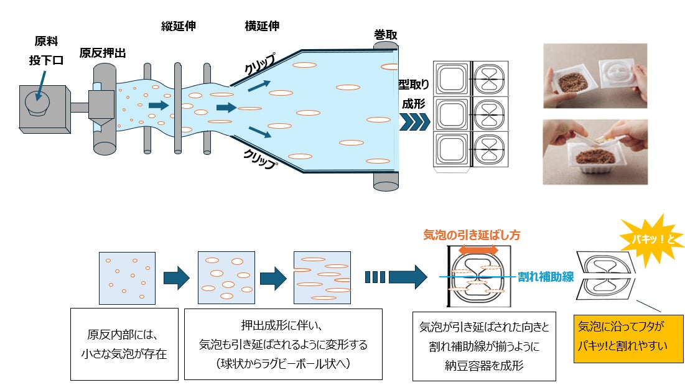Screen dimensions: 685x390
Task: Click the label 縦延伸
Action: (x=178, y=26)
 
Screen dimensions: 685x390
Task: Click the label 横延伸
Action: (x=262, y=26)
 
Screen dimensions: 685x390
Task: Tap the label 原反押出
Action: (x=103, y=53)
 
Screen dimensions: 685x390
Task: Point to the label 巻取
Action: (x=385, y=35)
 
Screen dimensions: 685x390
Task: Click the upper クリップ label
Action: (x=260, y=64)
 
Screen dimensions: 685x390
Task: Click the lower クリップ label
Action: (x=260, y=159)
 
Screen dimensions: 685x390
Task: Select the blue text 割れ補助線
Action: (x=546, y=277)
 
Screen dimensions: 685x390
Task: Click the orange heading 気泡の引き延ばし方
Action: (x=472, y=235)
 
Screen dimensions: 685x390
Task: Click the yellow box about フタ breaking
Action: (x=628, y=339)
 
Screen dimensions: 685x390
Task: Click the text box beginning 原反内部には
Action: (x=124, y=344)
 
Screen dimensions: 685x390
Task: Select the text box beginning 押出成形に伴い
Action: (x=283, y=344)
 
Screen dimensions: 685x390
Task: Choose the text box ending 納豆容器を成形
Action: (x=484, y=346)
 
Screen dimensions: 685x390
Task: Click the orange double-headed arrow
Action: (x=478, y=250)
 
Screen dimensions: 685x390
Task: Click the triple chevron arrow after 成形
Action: (x=414, y=122)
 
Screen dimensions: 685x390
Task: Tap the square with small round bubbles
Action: (x=127, y=278)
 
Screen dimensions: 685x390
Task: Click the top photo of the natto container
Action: (x=595, y=75)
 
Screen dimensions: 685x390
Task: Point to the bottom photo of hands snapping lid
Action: (x=595, y=152)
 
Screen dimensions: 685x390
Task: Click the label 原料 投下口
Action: (x=46, y=50)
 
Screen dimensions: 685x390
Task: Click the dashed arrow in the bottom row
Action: (x=396, y=277)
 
